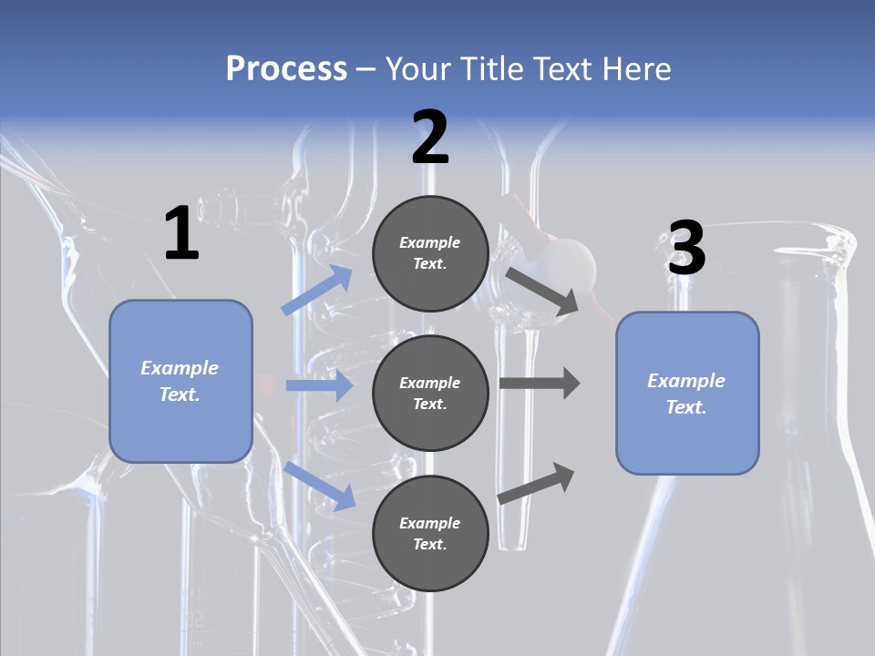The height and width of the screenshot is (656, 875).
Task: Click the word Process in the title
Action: tap(286, 69)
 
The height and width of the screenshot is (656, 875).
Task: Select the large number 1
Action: tap(181, 234)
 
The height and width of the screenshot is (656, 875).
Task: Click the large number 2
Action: tap(430, 138)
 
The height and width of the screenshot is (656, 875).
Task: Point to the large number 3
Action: tap(686, 249)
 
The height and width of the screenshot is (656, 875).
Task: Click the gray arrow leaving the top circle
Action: tap(542, 291)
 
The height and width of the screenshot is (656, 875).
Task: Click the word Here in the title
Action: tap(635, 69)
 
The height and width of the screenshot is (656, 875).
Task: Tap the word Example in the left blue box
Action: tap(180, 368)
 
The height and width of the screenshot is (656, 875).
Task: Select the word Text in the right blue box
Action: tap(686, 407)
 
